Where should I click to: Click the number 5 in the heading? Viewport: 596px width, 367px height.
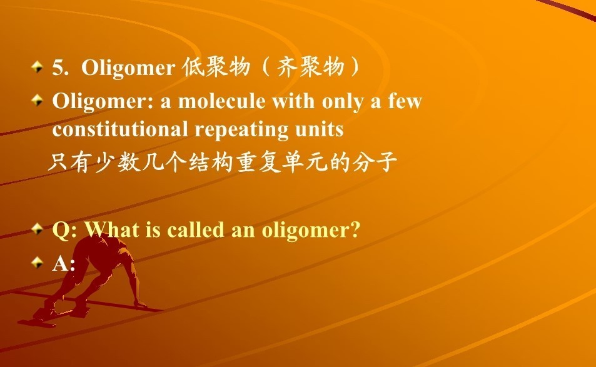[x=58, y=68]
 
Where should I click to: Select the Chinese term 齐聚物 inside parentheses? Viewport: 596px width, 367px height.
[x=310, y=68]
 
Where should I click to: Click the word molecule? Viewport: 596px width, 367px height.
[x=221, y=101]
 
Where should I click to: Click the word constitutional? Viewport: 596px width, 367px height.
[x=119, y=129]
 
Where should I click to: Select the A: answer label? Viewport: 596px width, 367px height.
[x=63, y=263]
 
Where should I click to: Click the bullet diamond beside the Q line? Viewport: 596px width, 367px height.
[x=38, y=229]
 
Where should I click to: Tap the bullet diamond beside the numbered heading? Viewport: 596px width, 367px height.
[x=38, y=67]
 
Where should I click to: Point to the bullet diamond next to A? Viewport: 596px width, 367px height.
[x=38, y=262]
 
